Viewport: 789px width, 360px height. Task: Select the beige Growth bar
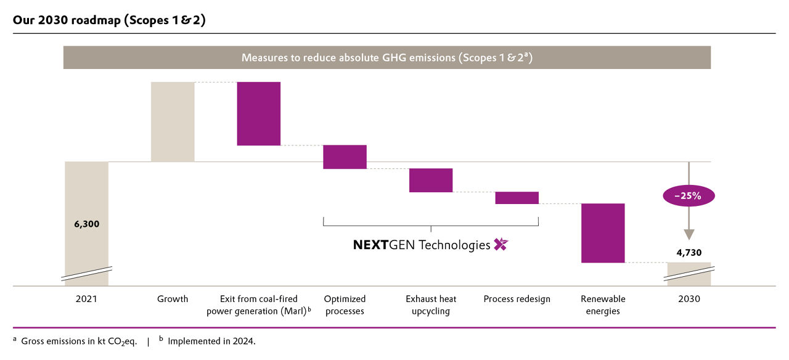point(173,121)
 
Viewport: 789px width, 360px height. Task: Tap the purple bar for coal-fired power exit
point(259,113)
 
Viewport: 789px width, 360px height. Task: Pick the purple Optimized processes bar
point(345,157)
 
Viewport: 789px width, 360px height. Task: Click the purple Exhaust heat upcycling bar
point(431,180)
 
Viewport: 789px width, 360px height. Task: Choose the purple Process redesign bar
point(517,198)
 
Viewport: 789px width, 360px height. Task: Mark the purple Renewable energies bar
point(603,233)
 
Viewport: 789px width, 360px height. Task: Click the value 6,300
point(86,224)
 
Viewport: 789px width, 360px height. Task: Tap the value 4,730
point(689,252)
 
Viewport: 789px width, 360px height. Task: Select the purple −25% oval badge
point(689,196)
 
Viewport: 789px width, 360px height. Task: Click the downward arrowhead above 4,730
point(689,234)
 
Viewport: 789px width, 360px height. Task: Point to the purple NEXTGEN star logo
point(501,245)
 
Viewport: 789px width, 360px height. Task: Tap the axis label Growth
point(173,299)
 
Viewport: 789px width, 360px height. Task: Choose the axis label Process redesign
point(517,299)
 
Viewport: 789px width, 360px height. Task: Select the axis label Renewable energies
point(603,305)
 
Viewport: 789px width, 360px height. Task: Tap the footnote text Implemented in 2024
point(211,341)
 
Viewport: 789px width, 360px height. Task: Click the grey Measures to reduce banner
point(387,57)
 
